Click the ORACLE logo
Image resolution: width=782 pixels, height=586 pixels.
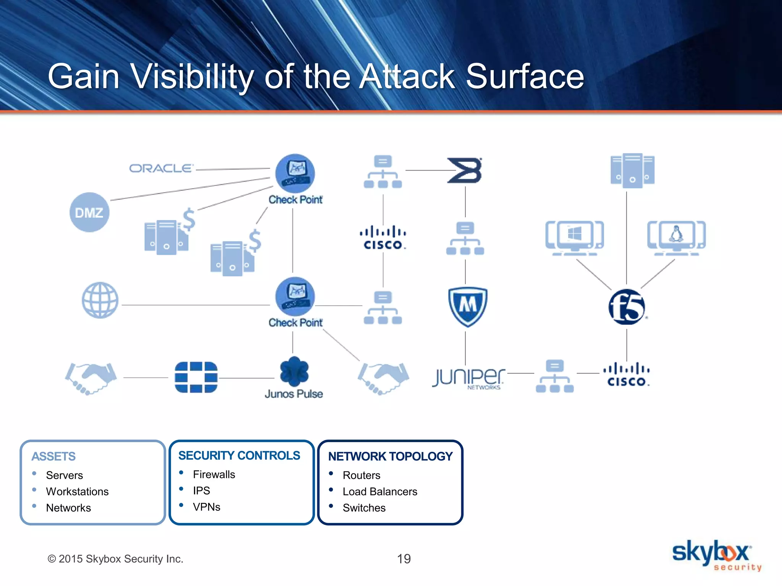161,168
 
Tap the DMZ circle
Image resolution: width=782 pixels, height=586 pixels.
89,212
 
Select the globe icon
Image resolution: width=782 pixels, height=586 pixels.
100,300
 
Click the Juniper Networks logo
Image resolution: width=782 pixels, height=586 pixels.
469,378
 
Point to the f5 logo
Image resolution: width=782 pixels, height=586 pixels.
627,307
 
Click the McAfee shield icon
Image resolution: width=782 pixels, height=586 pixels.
467,306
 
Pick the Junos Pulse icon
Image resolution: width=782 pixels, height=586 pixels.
294,372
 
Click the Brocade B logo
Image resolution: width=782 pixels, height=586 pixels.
465,170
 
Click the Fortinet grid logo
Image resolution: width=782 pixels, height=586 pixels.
196,377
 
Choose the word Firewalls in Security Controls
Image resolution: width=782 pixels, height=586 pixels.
214,474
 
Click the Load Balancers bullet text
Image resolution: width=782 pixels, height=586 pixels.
380,491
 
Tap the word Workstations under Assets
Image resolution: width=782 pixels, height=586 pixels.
77,491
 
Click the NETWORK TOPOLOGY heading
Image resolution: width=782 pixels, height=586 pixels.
390,456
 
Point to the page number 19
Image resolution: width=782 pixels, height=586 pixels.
404,559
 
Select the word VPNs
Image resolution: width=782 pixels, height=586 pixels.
207,507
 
